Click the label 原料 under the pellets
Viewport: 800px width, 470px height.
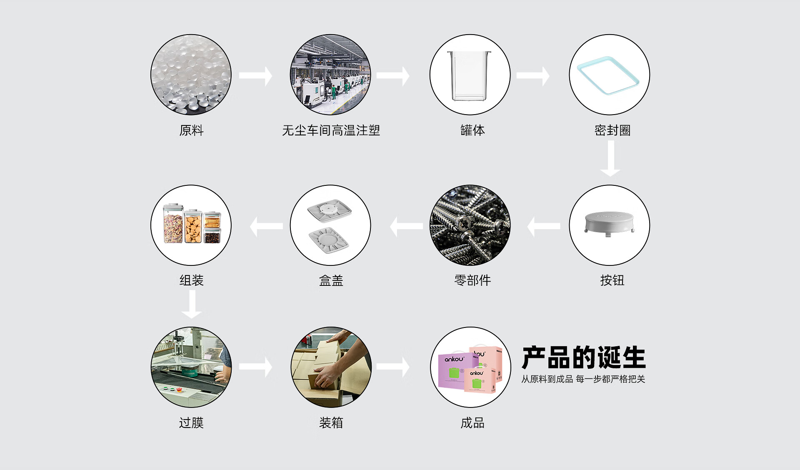click(x=191, y=130)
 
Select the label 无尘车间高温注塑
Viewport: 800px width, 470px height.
click(x=331, y=130)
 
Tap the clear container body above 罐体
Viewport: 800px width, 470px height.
click(x=469, y=76)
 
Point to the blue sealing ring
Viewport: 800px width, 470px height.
click(x=608, y=75)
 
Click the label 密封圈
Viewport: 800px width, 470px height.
click(x=612, y=130)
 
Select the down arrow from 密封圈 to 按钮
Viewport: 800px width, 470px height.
click(x=610, y=158)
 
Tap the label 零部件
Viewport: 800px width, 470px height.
click(x=472, y=280)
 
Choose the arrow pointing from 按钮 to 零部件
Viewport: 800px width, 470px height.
click(x=544, y=226)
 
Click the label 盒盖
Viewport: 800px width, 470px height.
click(x=331, y=280)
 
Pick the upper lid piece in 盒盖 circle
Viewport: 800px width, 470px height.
click(x=329, y=211)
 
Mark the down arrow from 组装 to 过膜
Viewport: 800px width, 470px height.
click(x=192, y=305)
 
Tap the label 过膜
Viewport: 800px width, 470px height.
click(x=191, y=423)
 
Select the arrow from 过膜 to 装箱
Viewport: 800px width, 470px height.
click(x=255, y=367)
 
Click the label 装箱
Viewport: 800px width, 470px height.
click(x=331, y=423)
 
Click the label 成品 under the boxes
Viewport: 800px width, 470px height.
click(x=472, y=423)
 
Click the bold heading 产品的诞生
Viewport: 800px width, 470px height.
click(x=583, y=357)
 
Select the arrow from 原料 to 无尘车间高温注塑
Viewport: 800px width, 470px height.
click(x=255, y=76)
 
